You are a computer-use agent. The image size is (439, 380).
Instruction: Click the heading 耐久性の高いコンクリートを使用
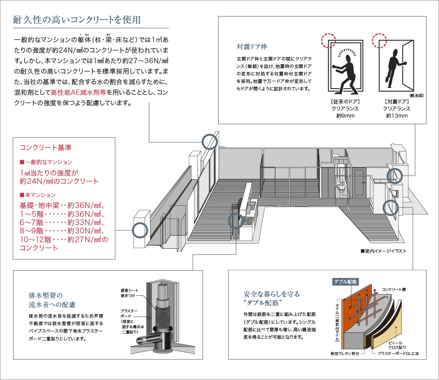77,20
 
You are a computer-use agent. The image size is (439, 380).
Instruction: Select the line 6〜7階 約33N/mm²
61,222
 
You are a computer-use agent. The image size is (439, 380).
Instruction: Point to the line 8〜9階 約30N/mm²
61,231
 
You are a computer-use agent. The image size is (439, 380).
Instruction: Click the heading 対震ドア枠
252,46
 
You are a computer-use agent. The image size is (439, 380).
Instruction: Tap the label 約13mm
397,116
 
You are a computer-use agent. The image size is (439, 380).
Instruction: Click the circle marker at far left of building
140,229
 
